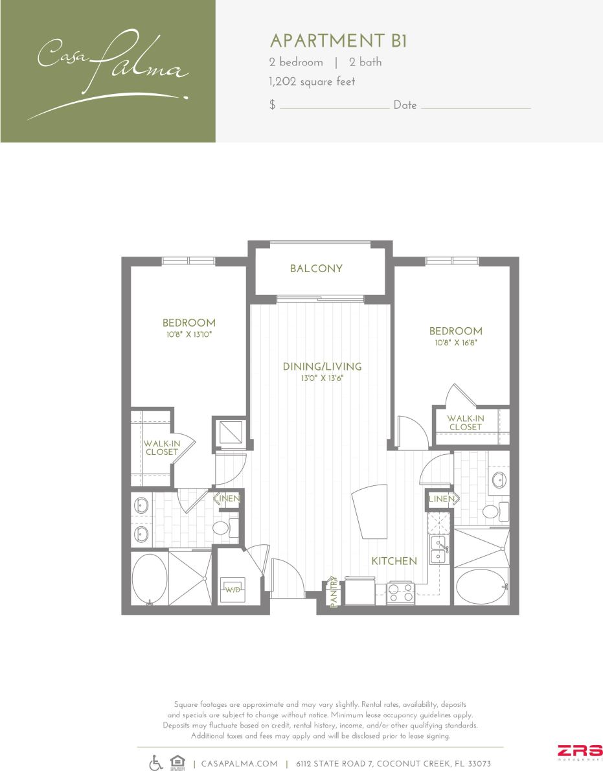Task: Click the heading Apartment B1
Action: click(338, 41)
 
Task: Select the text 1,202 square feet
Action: click(312, 82)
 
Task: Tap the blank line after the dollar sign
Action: click(334, 106)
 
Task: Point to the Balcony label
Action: click(316, 269)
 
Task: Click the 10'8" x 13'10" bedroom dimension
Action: click(188, 334)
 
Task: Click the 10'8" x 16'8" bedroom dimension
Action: click(455, 343)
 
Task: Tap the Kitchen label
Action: click(394, 561)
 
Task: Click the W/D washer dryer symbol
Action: click(233, 590)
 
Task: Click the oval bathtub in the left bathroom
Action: click(149, 579)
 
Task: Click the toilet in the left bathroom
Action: click(222, 528)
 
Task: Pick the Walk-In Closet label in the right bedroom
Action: click(465, 422)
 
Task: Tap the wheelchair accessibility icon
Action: click(156, 763)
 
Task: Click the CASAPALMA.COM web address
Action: click(240, 764)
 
